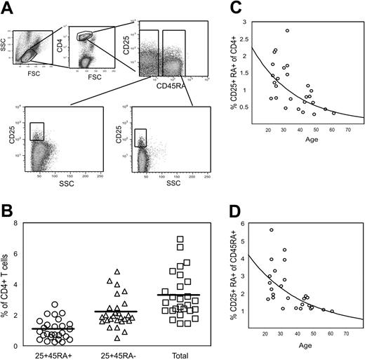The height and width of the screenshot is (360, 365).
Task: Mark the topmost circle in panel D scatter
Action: click(272, 229)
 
